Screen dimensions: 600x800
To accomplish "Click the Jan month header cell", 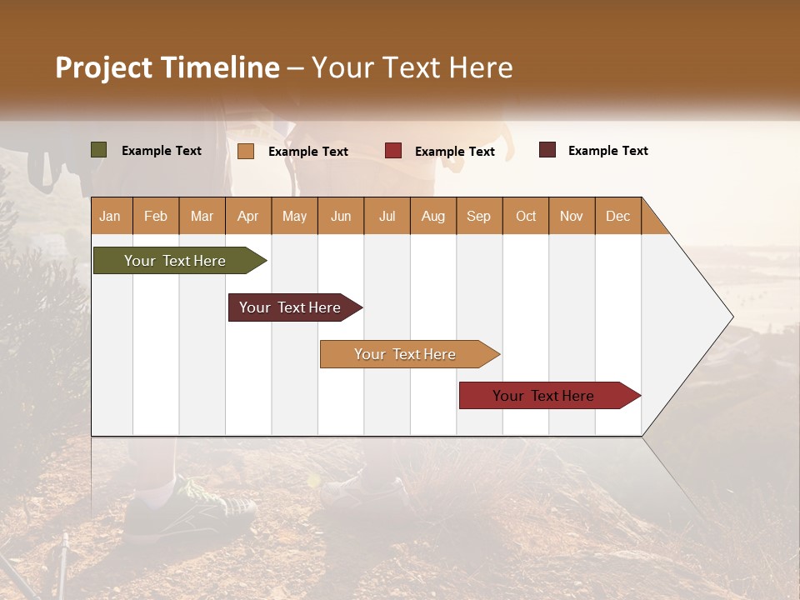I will (x=110, y=216).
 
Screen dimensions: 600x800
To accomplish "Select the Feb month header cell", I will (x=156, y=216).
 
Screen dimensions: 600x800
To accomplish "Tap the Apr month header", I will (x=247, y=216).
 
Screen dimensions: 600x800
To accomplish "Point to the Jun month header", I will (x=341, y=216).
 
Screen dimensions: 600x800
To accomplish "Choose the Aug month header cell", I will (x=432, y=216).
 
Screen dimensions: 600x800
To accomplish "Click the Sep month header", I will (x=478, y=216).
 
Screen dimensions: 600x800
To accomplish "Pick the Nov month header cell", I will (x=572, y=216).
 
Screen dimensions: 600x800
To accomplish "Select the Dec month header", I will (x=617, y=216).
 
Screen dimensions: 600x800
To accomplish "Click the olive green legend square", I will (x=99, y=150).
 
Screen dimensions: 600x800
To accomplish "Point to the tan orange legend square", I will (x=246, y=151).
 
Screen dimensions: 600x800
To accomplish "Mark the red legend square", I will (x=393, y=151).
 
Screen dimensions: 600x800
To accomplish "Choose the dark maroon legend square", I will (x=547, y=150).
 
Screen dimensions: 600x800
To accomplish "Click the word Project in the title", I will (x=103, y=67).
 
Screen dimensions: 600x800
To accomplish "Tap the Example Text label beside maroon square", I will (x=607, y=151).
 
